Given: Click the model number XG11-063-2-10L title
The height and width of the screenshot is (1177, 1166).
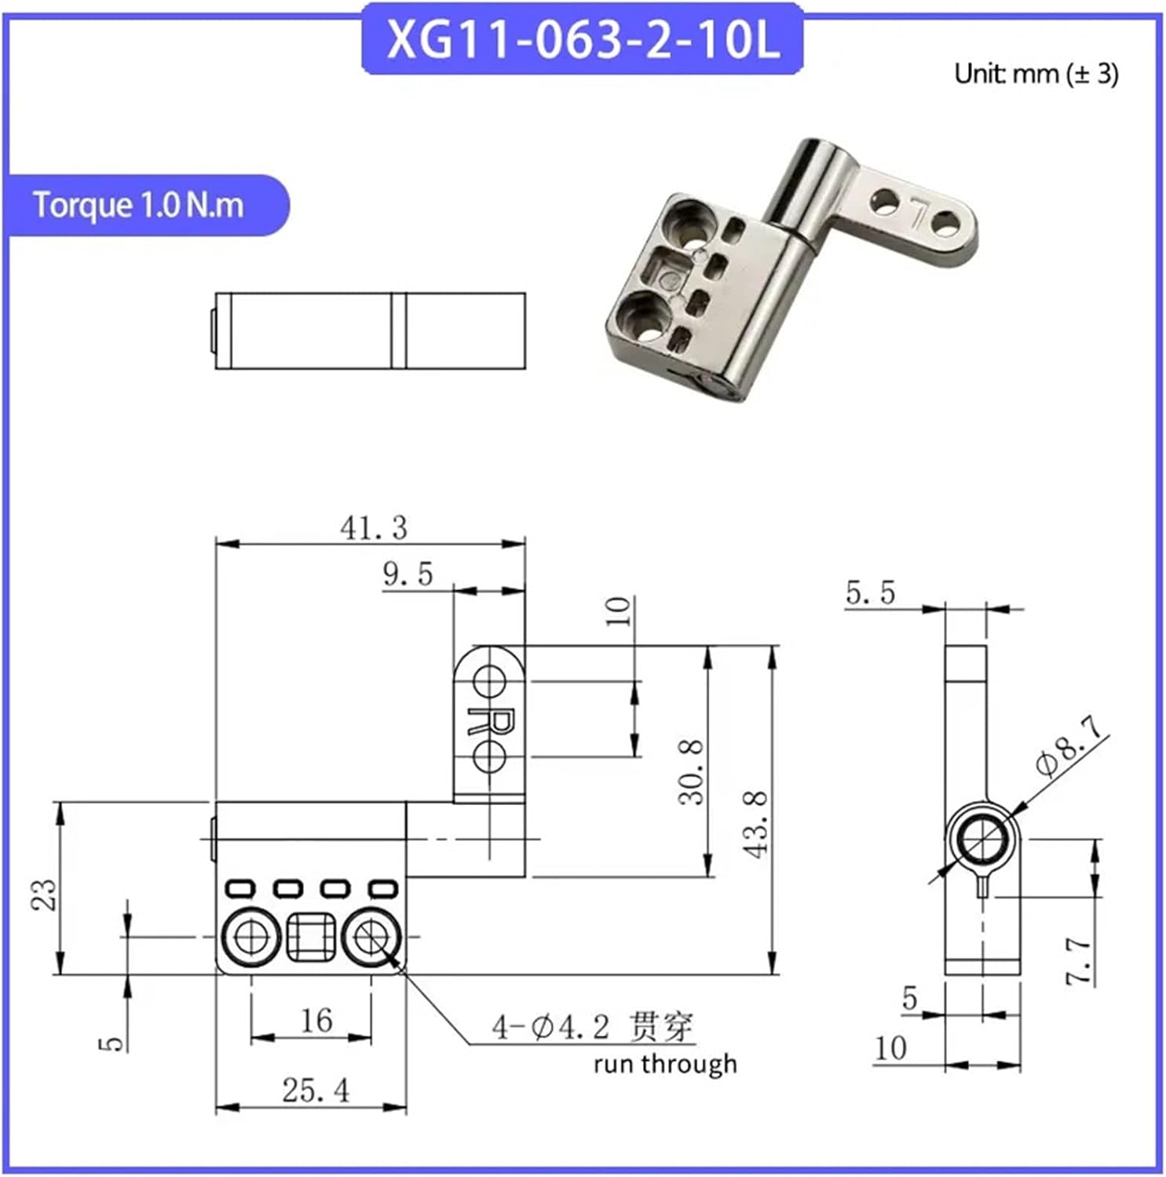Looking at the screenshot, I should click(583, 39).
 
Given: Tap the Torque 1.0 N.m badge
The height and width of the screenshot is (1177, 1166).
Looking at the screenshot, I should click(139, 205).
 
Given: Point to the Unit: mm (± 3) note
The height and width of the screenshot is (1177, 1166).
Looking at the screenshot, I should click(1036, 74).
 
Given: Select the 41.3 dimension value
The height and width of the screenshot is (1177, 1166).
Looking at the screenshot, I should click(374, 528).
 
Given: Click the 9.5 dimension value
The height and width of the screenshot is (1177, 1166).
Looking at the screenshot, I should click(408, 574).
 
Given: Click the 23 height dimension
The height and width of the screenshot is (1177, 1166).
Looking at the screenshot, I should click(44, 894).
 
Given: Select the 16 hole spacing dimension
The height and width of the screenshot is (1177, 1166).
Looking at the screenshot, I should click(316, 1020).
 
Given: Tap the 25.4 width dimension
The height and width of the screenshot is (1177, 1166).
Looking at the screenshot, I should click(316, 1090).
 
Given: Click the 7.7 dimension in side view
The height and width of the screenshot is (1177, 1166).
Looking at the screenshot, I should click(1078, 960).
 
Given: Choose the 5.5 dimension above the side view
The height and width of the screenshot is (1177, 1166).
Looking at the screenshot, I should click(870, 592).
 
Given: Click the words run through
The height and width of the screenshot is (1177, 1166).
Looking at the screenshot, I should click(665, 1064).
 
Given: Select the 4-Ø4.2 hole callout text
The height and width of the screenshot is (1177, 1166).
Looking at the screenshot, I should click(550, 1027).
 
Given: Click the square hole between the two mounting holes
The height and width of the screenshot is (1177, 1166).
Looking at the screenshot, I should click(311, 937).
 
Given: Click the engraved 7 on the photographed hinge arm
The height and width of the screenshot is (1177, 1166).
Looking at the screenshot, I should click(916, 212).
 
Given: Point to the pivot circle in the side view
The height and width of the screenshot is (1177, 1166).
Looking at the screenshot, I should click(981, 841).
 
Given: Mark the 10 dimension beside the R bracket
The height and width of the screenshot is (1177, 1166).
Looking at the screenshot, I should click(620, 610).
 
